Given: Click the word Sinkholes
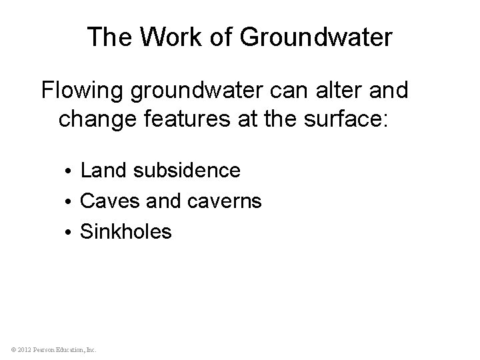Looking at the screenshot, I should [x=126, y=232].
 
